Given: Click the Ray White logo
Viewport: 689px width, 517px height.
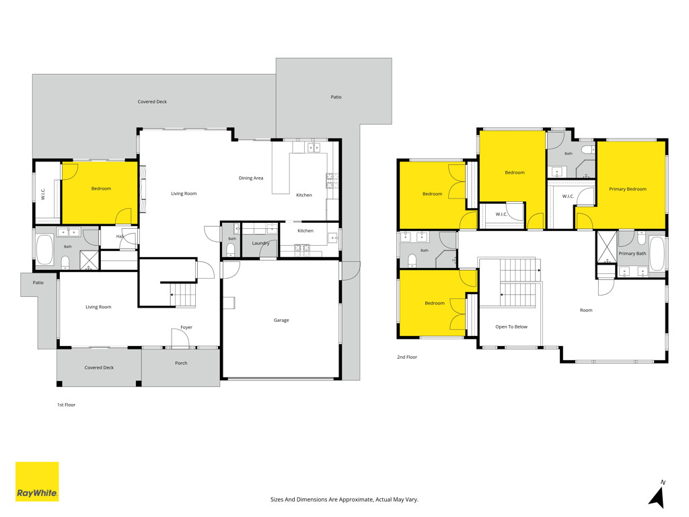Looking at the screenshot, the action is point(37,481).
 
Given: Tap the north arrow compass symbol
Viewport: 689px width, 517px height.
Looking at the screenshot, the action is point(657,495).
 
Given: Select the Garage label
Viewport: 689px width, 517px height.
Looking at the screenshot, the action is point(281,320).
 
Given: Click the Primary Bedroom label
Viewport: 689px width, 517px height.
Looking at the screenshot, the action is point(628,189).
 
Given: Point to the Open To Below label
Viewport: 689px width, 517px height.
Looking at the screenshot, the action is point(511,326).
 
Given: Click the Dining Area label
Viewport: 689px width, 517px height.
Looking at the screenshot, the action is point(251,178).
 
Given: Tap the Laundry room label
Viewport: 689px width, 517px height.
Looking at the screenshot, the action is point(260,243).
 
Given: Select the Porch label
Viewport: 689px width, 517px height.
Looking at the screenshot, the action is point(181,363).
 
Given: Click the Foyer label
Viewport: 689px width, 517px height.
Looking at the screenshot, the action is point(186,328).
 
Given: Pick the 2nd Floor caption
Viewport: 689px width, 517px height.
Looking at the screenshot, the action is point(407,357).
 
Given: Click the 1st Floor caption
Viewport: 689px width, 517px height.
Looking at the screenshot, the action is point(67,405).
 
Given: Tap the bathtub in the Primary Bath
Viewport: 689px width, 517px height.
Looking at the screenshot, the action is point(657,254).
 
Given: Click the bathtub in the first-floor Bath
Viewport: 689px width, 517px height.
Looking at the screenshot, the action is point(44,250).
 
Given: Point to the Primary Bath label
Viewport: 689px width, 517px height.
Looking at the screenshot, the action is point(632,254).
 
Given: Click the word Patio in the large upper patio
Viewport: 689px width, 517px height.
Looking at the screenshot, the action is point(336,97).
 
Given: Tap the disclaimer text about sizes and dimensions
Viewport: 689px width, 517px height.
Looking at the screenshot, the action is point(344,499).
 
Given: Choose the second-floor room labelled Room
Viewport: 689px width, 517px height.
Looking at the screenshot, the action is point(586,310).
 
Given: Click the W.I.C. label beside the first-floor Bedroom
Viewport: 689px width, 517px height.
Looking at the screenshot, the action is point(43,194).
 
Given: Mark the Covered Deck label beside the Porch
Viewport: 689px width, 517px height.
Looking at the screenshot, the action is point(99,368).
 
